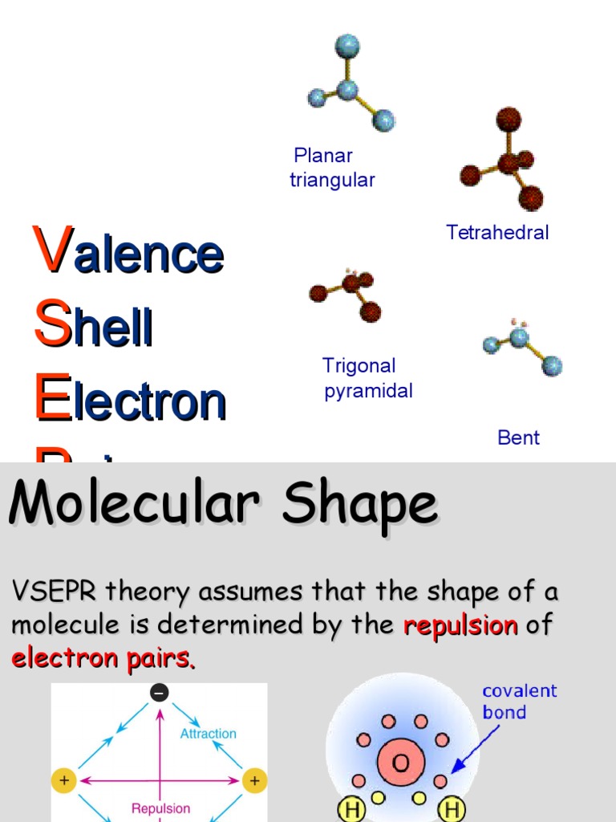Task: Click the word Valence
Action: click(128, 252)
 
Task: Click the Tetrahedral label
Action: click(497, 233)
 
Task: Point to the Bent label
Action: click(518, 437)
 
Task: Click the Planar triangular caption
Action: click(331, 167)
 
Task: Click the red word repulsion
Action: click(460, 625)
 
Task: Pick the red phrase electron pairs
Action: click(103, 659)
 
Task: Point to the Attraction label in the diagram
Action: click(208, 734)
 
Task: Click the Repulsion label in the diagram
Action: click(160, 808)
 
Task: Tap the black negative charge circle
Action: click(160, 692)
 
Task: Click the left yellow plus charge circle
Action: click(63, 779)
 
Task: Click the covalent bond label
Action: click(519, 702)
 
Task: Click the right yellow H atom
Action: click(452, 810)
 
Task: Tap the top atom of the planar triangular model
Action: click(347, 45)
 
